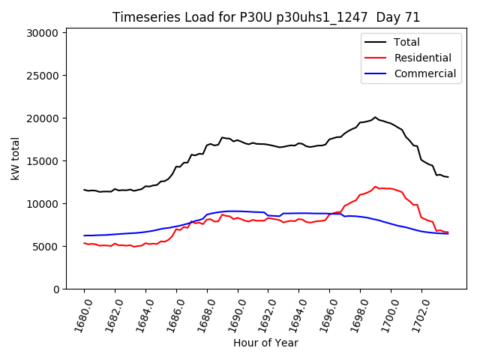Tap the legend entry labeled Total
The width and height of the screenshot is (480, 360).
point(406,42)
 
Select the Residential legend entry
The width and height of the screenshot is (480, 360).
point(422,58)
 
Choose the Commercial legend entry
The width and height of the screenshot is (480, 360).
point(424,73)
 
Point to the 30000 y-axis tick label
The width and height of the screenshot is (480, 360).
point(42,33)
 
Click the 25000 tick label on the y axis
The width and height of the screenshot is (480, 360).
point(42,76)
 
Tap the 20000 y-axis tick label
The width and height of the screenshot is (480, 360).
point(42,118)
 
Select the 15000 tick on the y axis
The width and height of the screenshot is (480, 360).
point(42,161)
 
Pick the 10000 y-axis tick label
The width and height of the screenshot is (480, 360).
point(42,204)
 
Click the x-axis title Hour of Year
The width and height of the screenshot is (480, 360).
point(265,343)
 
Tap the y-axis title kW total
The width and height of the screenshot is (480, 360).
point(15,159)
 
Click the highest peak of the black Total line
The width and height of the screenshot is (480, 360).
point(375,117)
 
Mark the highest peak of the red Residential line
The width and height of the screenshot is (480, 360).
point(375,187)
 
